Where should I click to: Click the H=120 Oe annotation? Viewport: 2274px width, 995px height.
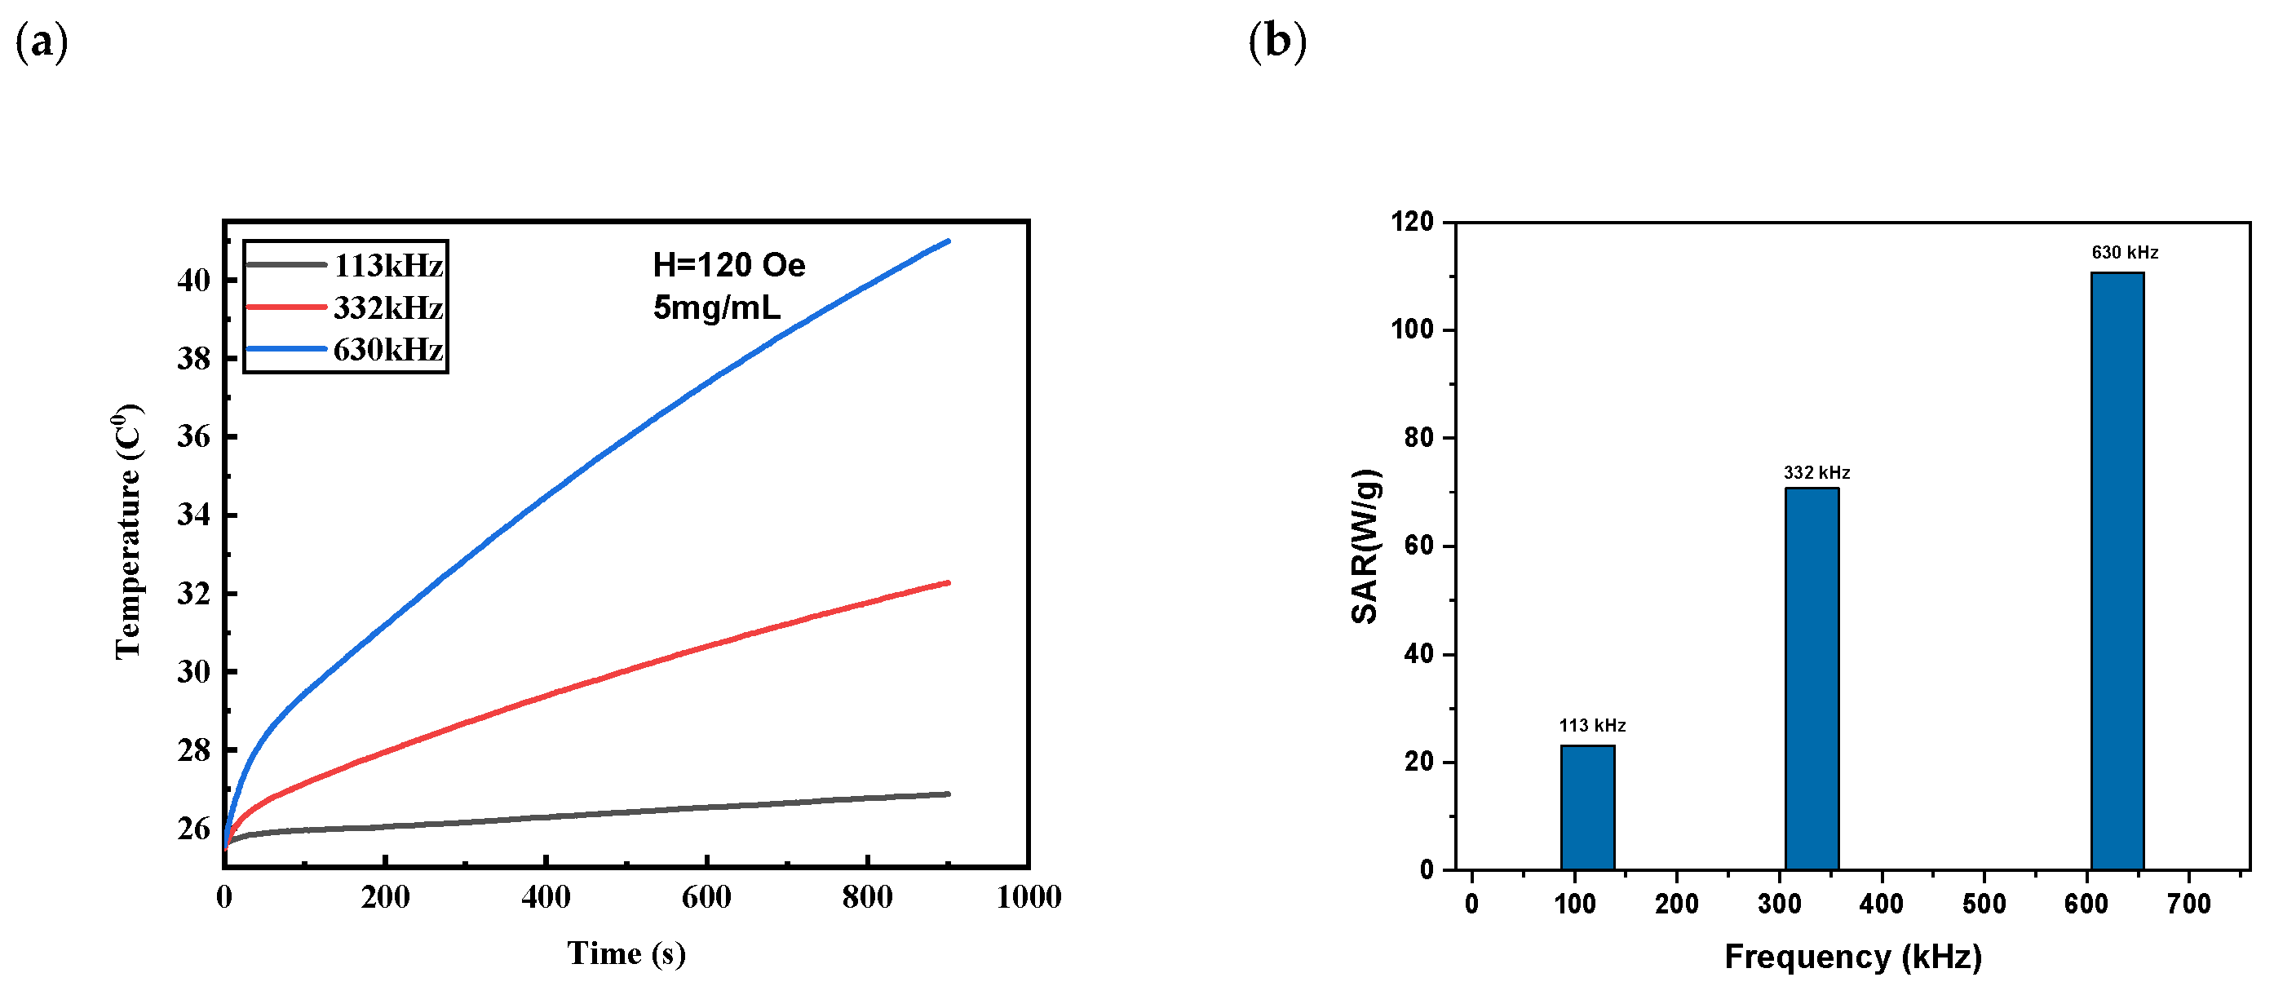coord(728,265)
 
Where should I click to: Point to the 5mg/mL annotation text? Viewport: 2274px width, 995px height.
coord(716,307)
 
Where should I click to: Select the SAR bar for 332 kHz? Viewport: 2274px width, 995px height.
coord(1812,678)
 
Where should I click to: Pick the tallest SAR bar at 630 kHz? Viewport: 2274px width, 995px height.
coord(2117,570)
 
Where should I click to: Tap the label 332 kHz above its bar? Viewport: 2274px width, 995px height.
coord(1816,472)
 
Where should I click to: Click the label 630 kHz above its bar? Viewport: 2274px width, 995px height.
coord(2124,253)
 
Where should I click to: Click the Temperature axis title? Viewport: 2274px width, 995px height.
coord(129,532)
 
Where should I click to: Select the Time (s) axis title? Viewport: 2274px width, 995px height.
coord(626,953)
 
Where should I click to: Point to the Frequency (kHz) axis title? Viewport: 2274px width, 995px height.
coord(1853,956)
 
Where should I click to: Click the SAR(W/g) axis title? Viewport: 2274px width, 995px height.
coord(1365,546)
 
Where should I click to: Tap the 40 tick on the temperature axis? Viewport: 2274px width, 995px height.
coord(194,280)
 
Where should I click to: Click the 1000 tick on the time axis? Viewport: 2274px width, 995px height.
coord(1028,897)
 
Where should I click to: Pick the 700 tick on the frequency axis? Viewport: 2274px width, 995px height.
coord(2188,903)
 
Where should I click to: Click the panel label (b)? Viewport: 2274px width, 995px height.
coord(1276,42)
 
